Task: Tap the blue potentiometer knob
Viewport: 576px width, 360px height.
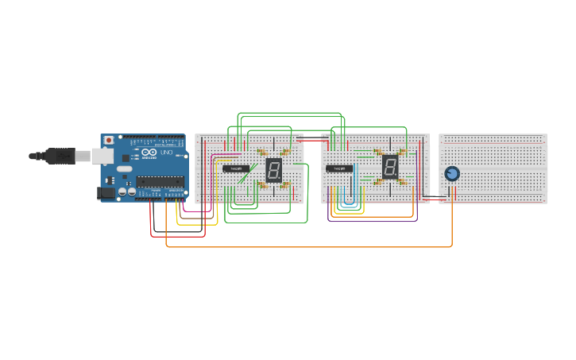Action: click(x=451, y=173)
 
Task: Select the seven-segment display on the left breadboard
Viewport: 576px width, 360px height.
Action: click(x=273, y=168)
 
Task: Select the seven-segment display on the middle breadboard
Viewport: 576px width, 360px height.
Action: click(x=390, y=167)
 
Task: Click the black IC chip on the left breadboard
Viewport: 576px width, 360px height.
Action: click(x=237, y=168)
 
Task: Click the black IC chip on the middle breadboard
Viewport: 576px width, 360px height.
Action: click(x=339, y=168)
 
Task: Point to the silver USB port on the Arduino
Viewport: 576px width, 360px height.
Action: click(x=101, y=156)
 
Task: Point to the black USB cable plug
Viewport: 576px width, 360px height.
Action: click(x=60, y=156)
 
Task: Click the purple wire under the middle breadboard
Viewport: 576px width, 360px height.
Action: click(x=373, y=221)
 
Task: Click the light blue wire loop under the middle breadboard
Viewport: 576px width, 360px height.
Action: click(x=348, y=207)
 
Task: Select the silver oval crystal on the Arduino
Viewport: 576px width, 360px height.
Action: click(x=124, y=169)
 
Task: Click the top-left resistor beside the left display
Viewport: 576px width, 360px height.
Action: click(x=261, y=151)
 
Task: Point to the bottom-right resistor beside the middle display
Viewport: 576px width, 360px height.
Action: click(x=402, y=183)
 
